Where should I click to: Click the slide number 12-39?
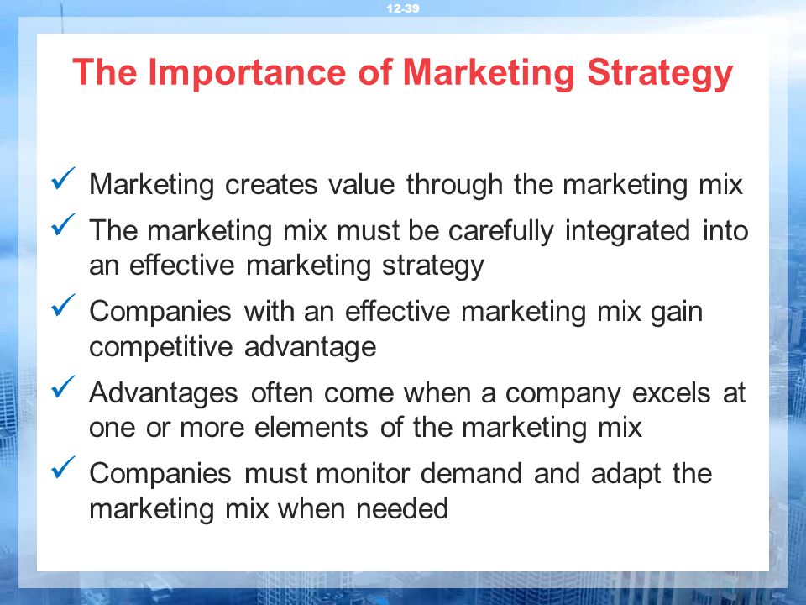(x=403, y=8)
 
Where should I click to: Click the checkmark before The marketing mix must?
(x=63, y=225)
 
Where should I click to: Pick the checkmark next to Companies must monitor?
(x=63, y=468)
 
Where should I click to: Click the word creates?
(x=271, y=185)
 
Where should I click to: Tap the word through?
(x=454, y=185)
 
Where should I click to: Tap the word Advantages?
(x=164, y=394)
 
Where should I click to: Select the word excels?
(x=672, y=393)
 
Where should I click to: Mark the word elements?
(x=311, y=428)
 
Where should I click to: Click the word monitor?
(x=363, y=474)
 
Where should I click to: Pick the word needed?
(x=402, y=509)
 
